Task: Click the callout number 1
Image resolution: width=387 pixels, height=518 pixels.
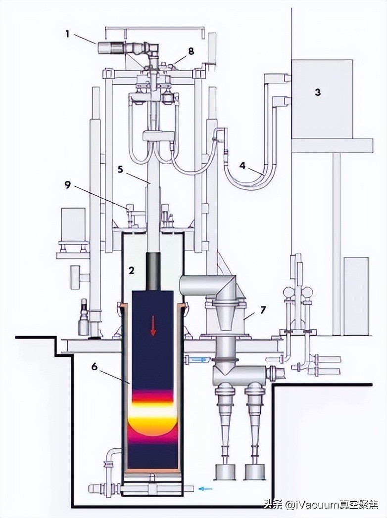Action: [x=67, y=34]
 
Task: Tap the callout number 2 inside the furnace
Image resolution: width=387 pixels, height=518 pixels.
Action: [x=132, y=270]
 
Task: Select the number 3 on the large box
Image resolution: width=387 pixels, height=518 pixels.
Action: [x=318, y=92]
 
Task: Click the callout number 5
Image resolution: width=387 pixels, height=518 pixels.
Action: [x=121, y=170]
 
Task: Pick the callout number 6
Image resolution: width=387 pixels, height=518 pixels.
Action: [x=95, y=367]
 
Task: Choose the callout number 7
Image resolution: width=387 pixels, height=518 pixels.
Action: [x=263, y=309]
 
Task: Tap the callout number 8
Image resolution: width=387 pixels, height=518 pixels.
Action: [x=191, y=51]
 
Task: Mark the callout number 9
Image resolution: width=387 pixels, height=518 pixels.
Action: [x=67, y=185]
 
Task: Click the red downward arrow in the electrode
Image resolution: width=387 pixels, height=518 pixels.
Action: [x=153, y=325]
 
